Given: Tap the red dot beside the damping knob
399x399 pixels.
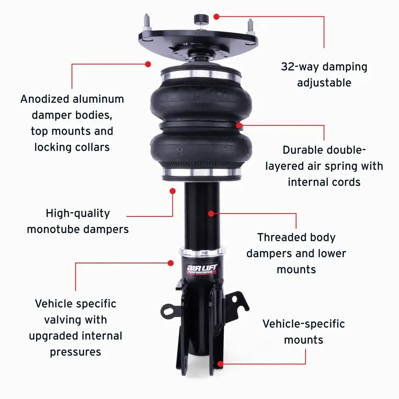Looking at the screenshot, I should [217, 16].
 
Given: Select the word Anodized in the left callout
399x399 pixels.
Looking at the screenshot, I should [45, 99].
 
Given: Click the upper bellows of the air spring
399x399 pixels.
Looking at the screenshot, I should [201, 100].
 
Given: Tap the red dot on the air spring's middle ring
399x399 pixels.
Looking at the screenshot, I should [239, 125].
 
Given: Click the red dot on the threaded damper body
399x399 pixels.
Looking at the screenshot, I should [211, 213].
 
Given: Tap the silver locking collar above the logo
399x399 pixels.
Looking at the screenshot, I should [202, 253].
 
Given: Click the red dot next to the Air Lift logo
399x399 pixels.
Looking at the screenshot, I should [170, 263].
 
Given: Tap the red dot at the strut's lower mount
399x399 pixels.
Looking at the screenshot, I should [220, 364].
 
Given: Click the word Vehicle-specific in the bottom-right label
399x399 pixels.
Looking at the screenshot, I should [304, 324].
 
